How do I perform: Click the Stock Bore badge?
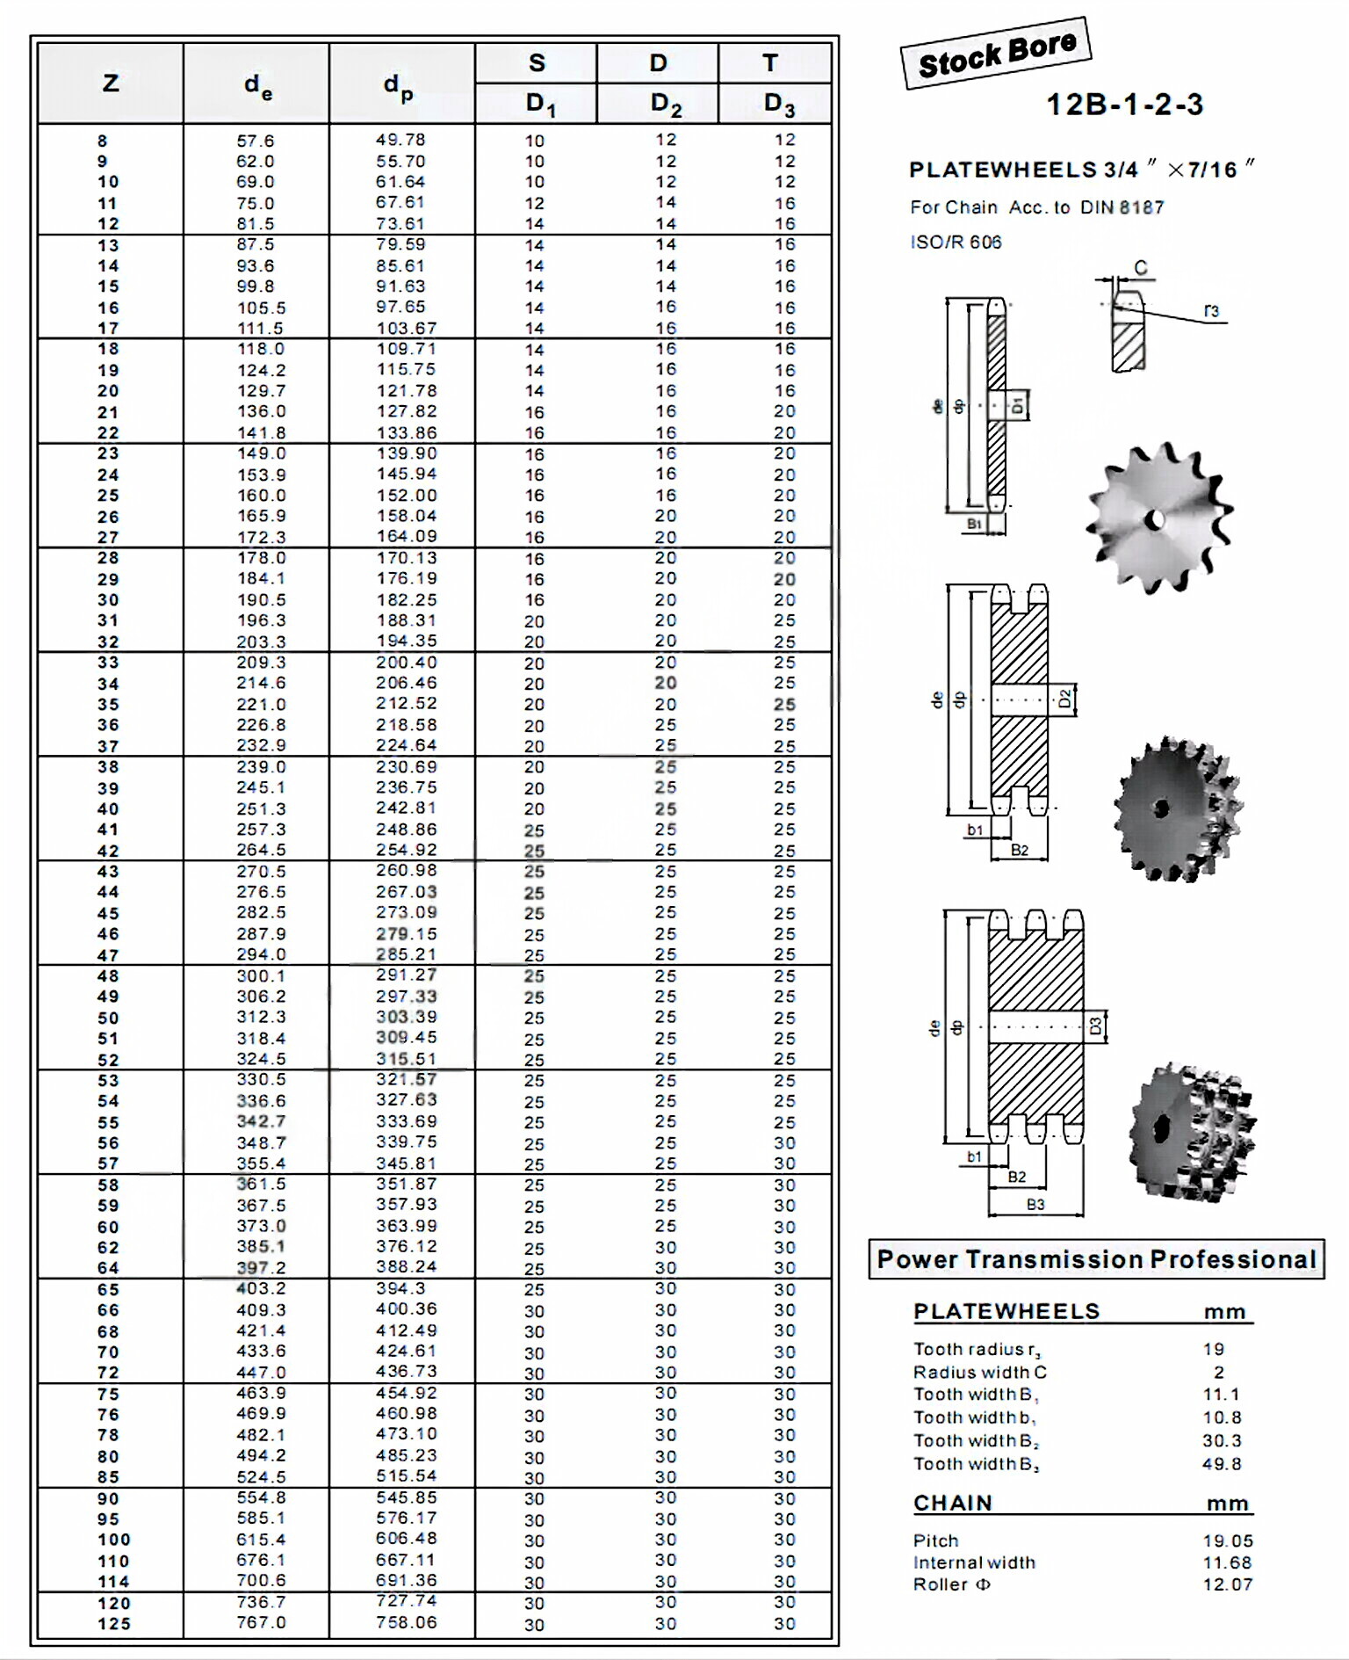click(996, 53)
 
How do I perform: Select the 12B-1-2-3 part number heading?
click(1124, 105)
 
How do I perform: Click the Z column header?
click(111, 83)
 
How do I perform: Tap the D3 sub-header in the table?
click(778, 104)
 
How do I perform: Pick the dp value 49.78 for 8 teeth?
click(400, 140)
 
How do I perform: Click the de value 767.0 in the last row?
click(261, 1622)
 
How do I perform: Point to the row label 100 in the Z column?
click(114, 1540)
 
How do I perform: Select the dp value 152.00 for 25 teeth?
click(406, 496)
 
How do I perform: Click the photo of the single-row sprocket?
click(1158, 518)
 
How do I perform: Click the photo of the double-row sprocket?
click(1176, 808)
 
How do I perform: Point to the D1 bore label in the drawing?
click(1017, 405)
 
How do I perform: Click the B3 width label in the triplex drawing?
click(1035, 1204)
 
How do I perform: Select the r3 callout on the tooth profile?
click(1211, 311)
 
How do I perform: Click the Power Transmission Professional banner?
click(1096, 1259)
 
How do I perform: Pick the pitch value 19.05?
click(1228, 1540)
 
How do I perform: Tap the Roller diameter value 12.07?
click(1228, 1584)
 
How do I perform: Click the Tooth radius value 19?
click(1214, 1349)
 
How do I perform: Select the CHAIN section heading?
click(952, 1503)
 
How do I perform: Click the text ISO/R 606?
click(956, 243)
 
